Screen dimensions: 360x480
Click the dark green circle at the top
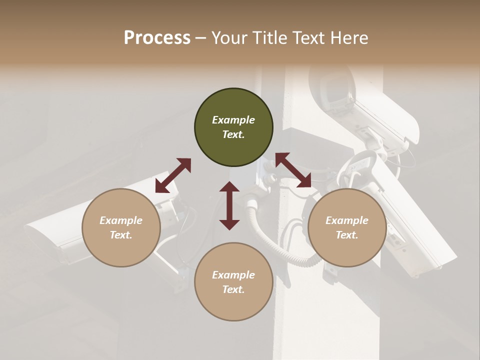click(233, 127)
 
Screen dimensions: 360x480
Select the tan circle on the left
click(121, 227)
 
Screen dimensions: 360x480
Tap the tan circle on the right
click(347, 227)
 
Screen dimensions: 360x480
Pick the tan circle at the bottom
click(233, 281)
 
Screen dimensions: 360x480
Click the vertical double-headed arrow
click(229, 205)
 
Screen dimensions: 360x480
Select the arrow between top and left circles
click(173, 175)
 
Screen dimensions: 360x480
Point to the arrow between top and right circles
click(293, 170)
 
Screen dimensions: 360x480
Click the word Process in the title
click(157, 38)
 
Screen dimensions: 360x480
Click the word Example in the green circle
click(233, 120)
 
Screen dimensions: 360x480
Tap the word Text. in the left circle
click(121, 235)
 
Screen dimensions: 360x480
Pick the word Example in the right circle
click(347, 220)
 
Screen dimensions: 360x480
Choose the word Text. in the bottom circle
click(233, 289)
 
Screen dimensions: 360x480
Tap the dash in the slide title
click(200, 38)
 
